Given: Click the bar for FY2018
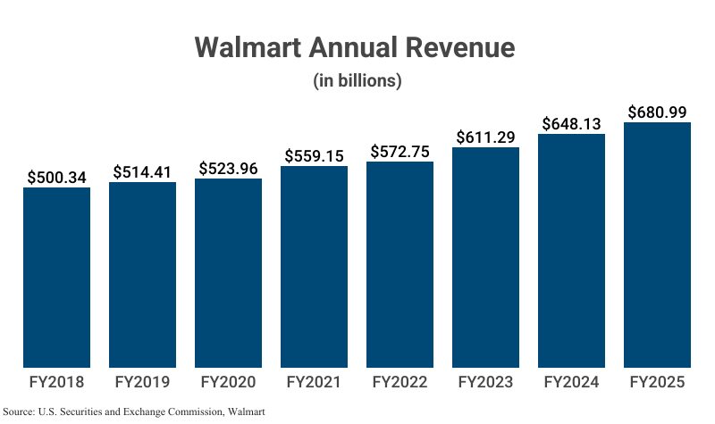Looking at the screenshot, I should pyautogui.click(x=56, y=277).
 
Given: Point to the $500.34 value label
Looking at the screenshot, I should pyautogui.click(x=56, y=177).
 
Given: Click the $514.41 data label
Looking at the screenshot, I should pyautogui.click(x=142, y=171).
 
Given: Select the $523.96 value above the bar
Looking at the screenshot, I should pyautogui.click(x=228, y=168).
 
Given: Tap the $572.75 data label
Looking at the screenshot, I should pyautogui.click(x=400, y=151).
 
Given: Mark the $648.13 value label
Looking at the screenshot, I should pyautogui.click(x=571, y=123).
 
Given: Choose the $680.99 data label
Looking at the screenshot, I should pyautogui.click(x=657, y=112).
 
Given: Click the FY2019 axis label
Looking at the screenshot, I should pyautogui.click(x=142, y=382).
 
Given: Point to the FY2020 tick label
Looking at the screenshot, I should pyautogui.click(x=228, y=382).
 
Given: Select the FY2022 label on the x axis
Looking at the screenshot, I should pyautogui.click(x=400, y=382).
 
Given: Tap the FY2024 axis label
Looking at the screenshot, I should pyautogui.click(x=571, y=382).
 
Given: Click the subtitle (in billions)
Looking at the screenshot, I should pyautogui.click(x=357, y=80).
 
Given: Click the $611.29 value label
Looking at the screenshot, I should pyautogui.click(x=485, y=137).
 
